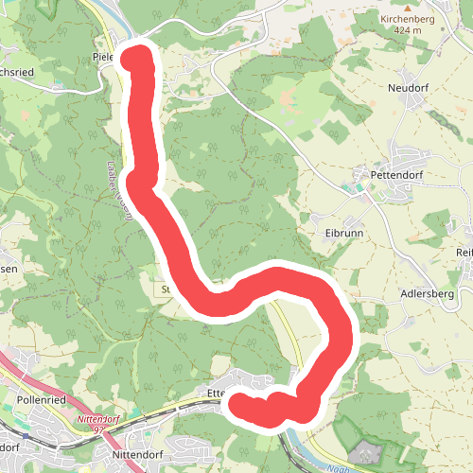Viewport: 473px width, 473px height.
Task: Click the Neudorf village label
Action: coord(409,87)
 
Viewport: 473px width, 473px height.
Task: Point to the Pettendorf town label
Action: coord(393,175)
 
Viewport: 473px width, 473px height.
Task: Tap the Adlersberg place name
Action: coord(429,294)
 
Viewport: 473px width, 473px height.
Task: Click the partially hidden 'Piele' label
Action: coord(104,56)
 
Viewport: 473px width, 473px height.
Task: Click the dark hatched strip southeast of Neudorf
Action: coord(446,124)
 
